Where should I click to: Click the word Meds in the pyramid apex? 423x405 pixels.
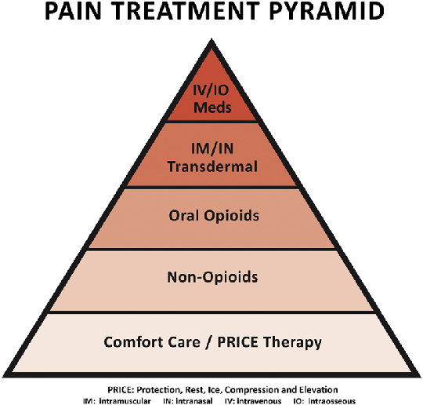(x=211, y=108)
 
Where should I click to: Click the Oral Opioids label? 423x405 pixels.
(x=211, y=217)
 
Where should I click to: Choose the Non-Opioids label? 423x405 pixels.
(x=211, y=278)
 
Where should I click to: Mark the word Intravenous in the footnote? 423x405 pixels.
(x=264, y=400)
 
